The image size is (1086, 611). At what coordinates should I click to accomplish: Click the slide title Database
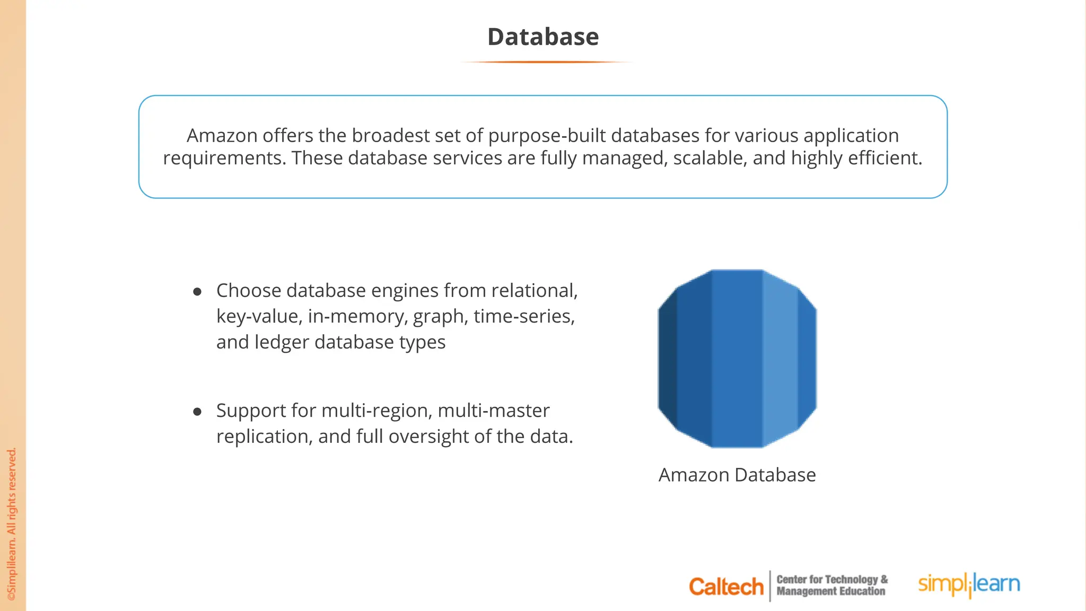pyautogui.click(x=543, y=37)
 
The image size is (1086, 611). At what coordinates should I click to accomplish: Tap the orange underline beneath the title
pyautogui.click(x=546, y=62)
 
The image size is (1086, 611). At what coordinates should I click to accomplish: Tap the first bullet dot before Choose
pyautogui.click(x=197, y=292)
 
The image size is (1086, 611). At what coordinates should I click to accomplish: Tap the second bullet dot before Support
pyautogui.click(x=197, y=412)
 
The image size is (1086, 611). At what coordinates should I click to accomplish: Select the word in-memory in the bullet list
pyautogui.click(x=357, y=317)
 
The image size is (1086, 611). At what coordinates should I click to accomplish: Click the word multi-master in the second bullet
pyautogui.click(x=493, y=411)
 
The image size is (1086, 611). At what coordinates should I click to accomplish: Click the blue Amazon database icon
pyautogui.click(x=737, y=359)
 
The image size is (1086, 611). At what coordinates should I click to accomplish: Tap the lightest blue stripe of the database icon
pyautogui.click(x=780, y=359)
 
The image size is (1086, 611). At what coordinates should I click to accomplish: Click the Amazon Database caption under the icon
pyautogui.click(x=737, y=475)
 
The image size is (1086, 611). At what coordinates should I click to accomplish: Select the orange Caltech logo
pyautogui.click(x=725, y=587)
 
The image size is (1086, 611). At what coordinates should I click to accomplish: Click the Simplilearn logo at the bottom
pyautogui.click(x=969, y=584)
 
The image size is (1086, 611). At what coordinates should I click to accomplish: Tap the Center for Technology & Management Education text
pyautogui.click(x=831, y=586)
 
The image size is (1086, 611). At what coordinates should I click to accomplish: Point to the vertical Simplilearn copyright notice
pyautogui.click(x=12, y=524)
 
